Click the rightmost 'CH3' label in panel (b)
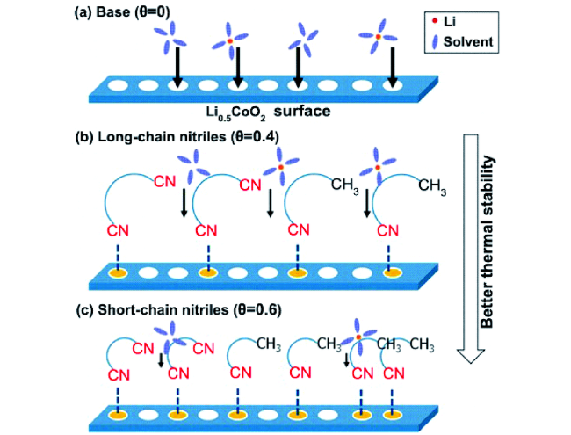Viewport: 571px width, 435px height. tap(434, 185)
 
